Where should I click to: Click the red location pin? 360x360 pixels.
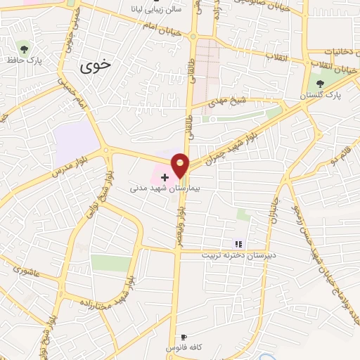[x=181, y=164]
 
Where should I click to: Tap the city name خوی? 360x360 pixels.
[x=96, y=67]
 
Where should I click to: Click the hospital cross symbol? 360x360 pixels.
[x=165, y=176]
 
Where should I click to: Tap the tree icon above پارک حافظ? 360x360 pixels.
[x=25, y=49]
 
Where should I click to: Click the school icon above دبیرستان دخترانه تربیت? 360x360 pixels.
[x=238, y=243]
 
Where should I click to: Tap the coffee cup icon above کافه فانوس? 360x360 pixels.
[x=184, y=337]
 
